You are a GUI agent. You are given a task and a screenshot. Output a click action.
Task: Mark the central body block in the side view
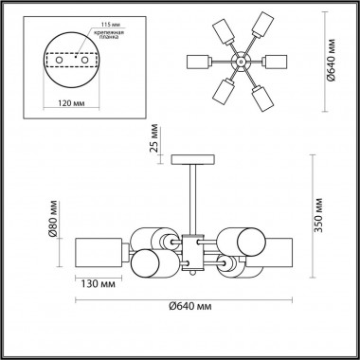[x=194, y=249]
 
